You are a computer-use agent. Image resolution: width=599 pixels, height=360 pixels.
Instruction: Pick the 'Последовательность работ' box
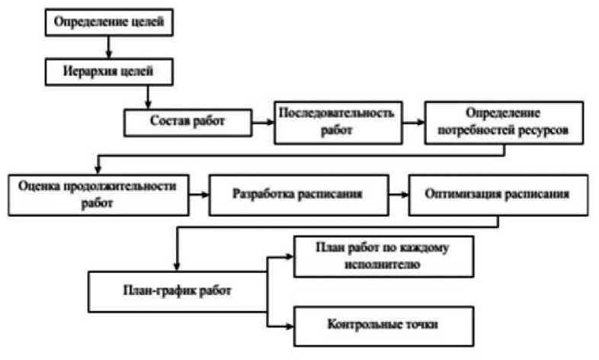(338, 121)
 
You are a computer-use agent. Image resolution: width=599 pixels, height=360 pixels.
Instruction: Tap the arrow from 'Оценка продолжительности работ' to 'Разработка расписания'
(199, 194)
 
